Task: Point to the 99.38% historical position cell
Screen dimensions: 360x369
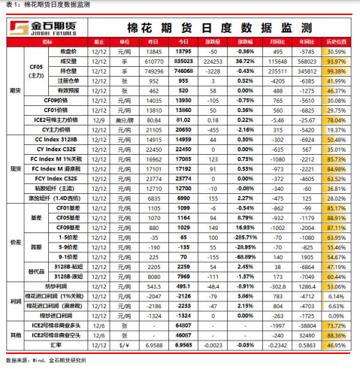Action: [336, 70]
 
